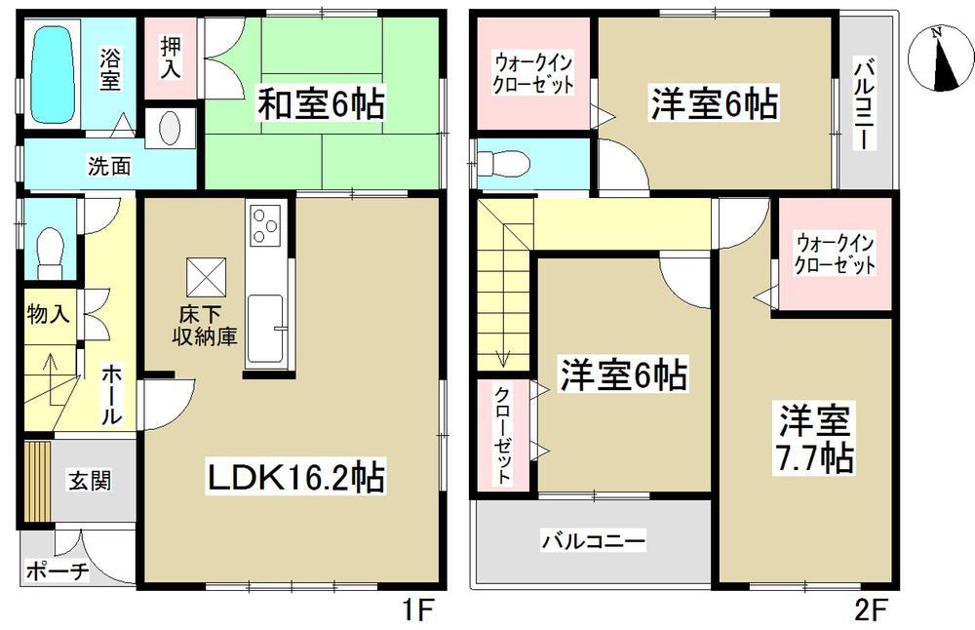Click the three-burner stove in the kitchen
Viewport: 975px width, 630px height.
coord(266,228)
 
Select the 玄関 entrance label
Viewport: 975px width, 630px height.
coord(88,480)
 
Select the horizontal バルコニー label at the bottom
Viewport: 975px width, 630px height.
coord(593,540)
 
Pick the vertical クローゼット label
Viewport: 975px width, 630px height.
coord(500,435)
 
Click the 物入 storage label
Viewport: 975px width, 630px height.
coord(47,315)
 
